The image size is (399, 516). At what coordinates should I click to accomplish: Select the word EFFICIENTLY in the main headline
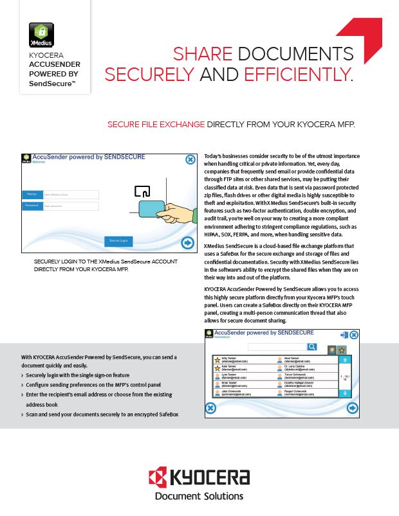(298, 75)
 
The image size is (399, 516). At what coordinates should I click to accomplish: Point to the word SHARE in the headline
(201, 54)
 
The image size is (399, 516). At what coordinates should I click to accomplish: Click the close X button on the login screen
(190, 160)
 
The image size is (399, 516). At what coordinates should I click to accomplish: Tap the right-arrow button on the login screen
(188, 242)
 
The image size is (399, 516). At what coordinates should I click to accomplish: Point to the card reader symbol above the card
(142, 190)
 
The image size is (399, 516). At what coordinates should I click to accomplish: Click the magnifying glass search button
(312, 347)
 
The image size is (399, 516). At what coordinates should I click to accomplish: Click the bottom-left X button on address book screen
(210, 407)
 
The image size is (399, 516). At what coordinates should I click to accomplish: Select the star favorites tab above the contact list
(342, 350)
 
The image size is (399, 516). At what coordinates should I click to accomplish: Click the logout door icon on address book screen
(344, 335)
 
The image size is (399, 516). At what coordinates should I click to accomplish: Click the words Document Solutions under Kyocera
(199, 496)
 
